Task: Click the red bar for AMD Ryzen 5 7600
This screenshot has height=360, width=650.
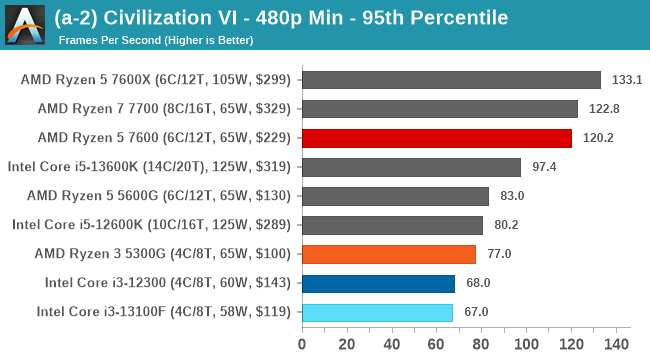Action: pos(436,138)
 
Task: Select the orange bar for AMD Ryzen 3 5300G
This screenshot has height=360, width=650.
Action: pos(388,254)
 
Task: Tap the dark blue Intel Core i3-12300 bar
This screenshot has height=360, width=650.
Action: pos(378,283)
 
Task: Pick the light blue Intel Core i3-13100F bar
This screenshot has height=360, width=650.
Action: pos(377,312)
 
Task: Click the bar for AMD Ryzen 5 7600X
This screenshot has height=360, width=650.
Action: pos(450,80)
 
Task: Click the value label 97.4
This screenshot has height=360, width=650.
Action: pos(543,167)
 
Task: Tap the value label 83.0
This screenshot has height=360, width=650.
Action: pos(511,196)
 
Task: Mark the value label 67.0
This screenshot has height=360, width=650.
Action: pos(475,312)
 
